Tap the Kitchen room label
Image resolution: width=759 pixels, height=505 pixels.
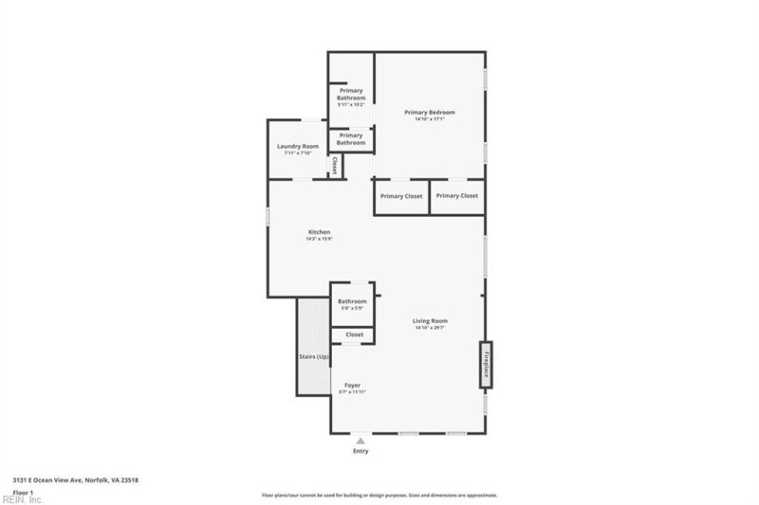pyautogui.click(x=319, y=232)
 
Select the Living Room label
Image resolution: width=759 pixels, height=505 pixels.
pyautogui.click(x=429, y=321)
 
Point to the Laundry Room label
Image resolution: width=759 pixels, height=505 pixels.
pyautogui.click(x=297, y=146)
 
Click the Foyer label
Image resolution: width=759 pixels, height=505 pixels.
pyautogui.click(x=352, y=385)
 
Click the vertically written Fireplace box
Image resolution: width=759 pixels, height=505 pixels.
pyautogui.click(x=486, y=364)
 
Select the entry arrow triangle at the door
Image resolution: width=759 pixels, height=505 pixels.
pyautogui.click(x=361, y=440)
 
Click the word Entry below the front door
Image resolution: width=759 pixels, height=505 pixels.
pyautogui.click(x=361, y=451)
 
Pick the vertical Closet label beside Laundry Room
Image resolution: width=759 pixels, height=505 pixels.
pyautogui.click(x=334, y=166)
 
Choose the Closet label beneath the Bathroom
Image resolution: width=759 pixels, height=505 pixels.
pyautogui.click(x=354, y=334)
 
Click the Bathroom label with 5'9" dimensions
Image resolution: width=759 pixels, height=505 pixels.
pyautogui.click(x=352, y=301)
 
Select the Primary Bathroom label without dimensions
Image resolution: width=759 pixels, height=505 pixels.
pyautogui.click(x=351, y=139)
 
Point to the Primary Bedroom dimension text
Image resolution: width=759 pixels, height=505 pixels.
pyautogui.click(x=429, y=119)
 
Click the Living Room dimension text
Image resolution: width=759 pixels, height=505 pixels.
pyautogui.click(x=429, y=328)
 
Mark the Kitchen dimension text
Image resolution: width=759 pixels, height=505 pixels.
pyautogui.click(x=319, y=239)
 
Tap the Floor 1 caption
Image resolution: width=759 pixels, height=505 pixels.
pyautogui.click(x=24, y=492)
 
